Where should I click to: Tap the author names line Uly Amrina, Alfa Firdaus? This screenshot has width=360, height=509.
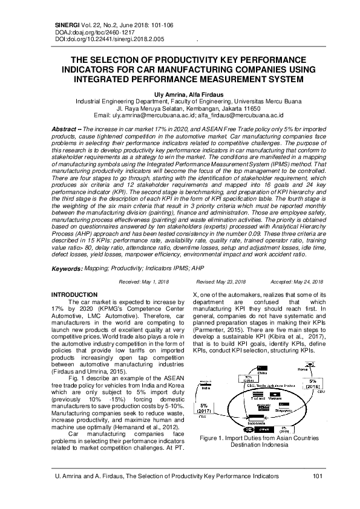[x=179, y=96]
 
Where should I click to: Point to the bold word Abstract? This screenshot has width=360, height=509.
[x=63, y=130]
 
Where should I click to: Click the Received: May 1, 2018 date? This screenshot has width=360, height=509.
[x=144, y=282]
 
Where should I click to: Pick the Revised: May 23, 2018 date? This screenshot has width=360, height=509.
[x=221, y=282]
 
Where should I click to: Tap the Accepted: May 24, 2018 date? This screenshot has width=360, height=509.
[x=296, y=282]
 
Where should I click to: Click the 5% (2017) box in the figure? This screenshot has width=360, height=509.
[x=203, y=409]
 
